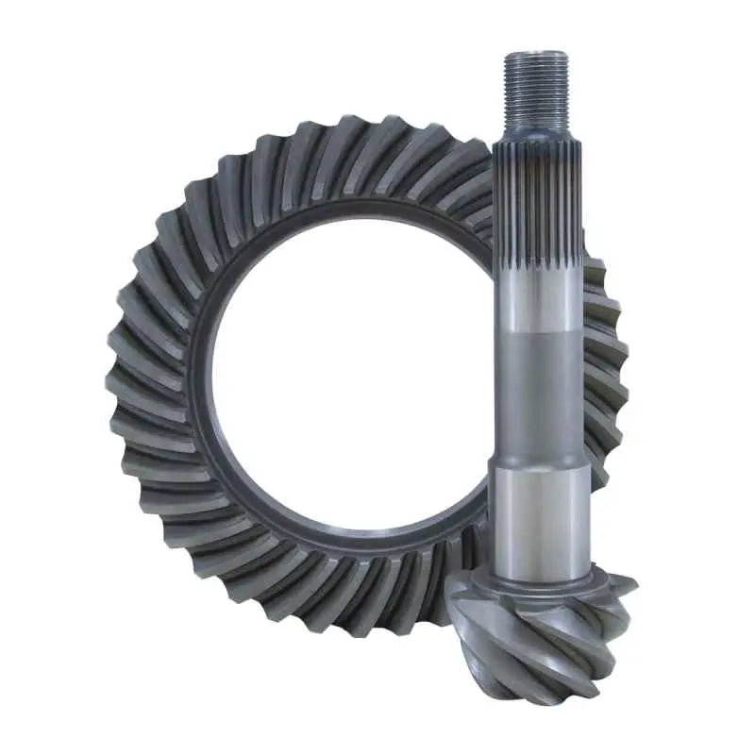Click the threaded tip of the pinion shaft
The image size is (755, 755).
[x=536, y=85]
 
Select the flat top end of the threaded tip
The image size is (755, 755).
[x=536, y=55]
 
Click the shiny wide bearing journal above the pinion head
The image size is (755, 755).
[x=536, y=514]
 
